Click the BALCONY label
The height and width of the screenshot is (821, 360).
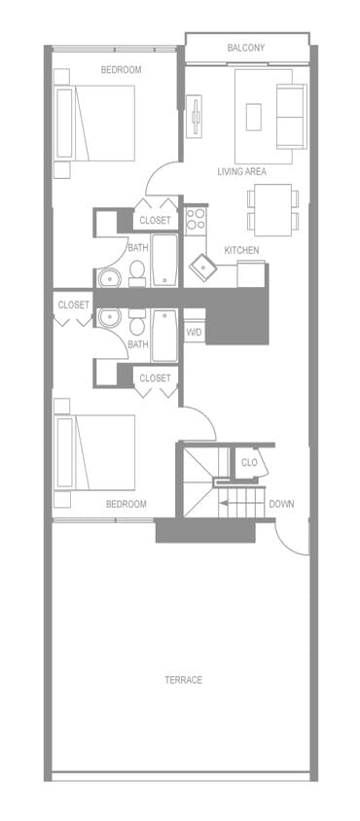(246, 48)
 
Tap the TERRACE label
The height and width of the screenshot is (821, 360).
(183, 679)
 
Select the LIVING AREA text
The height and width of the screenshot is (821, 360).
(241, 172)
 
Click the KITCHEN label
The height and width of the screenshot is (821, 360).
(241, 250)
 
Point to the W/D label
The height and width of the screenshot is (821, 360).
(195, 332)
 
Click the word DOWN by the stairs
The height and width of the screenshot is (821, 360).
(281, 504)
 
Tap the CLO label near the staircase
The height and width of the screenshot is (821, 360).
(249, 462)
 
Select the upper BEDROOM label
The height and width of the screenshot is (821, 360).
(122, 70)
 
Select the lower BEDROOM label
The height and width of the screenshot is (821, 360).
(126, 504)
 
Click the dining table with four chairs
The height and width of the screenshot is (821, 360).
(271, 208)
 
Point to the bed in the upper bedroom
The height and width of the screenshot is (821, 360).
(96, 123)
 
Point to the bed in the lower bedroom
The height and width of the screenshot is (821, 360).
(96, 452)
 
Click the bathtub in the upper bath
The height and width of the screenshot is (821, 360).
(164, 259)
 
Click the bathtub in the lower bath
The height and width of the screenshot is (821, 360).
(164, 335)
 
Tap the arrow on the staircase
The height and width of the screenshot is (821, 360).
(230, 504)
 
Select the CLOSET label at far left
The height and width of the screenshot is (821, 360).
(73, 304)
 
